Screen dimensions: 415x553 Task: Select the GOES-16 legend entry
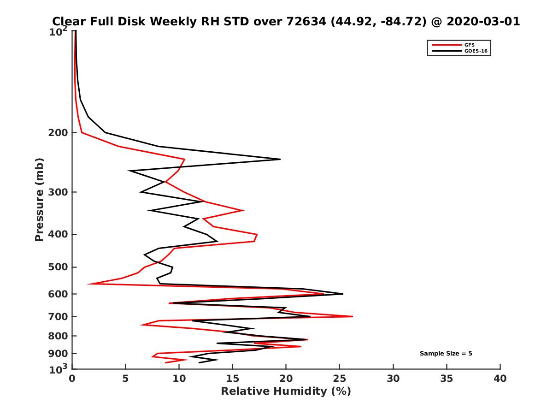[x=474, y=51]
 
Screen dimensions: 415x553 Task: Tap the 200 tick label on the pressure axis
[x=59, y=133]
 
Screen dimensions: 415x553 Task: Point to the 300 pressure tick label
[x=59, y=192]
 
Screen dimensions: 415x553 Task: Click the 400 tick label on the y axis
[x=59, y=234]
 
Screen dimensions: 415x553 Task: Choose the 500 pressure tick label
[x=59, y=267]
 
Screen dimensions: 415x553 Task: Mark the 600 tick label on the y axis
[x=59, y=294]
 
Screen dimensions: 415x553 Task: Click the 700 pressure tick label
[x=59, y=316]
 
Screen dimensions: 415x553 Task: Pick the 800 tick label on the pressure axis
[x=59, y=336]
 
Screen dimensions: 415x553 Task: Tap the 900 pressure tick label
[x=59, y=354]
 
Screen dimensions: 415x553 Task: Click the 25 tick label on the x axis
[x=340, y=379]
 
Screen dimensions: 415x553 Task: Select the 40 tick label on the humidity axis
[x=500, y=379]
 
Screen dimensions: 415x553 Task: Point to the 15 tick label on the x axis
[x=233, y=379]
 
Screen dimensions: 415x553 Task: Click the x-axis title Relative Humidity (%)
[x=286, y=391]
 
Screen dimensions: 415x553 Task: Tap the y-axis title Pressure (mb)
[x=39, y=199]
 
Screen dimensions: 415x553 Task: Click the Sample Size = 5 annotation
[x=446, y=354]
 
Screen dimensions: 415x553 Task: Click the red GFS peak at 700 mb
[x=353, y=316]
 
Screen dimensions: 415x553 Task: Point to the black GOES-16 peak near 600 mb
[x=343, y=294]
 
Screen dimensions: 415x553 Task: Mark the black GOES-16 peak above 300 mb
[x=280, y=159]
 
